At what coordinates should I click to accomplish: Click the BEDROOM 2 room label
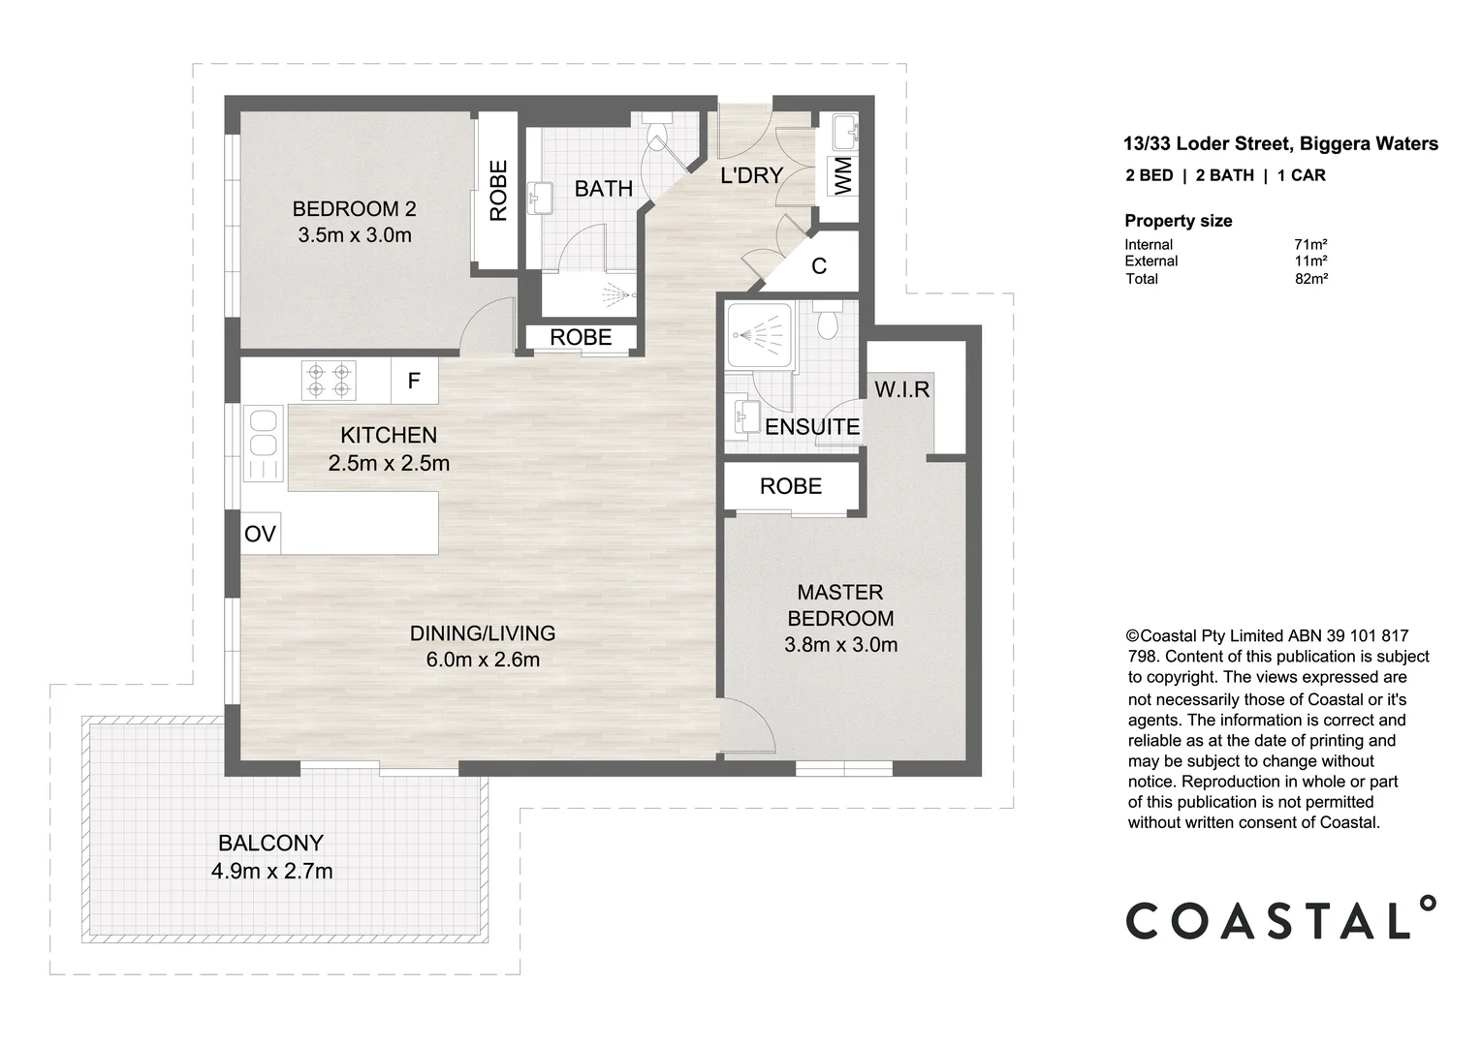pos(354,208)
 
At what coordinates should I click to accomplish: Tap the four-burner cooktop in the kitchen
pos(329,380)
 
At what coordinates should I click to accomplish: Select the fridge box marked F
pos(414,381)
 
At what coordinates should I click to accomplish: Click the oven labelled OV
pos(260,534)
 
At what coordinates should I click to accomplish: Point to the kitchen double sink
pos(264,444)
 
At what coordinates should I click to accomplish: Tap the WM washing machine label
pos(843,176)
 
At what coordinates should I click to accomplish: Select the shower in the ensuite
pos(759,337)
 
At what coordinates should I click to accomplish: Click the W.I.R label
pos(901,389)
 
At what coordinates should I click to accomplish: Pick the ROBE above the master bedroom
pos(791,486)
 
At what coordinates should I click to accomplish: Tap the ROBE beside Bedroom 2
pos(498,191)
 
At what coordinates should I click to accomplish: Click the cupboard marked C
pos(819,265)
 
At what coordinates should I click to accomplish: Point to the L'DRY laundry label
pos(751,175)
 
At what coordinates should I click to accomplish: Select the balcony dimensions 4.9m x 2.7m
pos(271,872)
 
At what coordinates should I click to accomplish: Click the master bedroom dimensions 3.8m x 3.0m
pos(840,645)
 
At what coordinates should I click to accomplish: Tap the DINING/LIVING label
pos(483,633)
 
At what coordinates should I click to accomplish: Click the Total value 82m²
pos(1310,279)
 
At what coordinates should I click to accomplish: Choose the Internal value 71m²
pos(1310,245)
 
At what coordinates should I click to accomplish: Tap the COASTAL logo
pos(1279,919)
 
